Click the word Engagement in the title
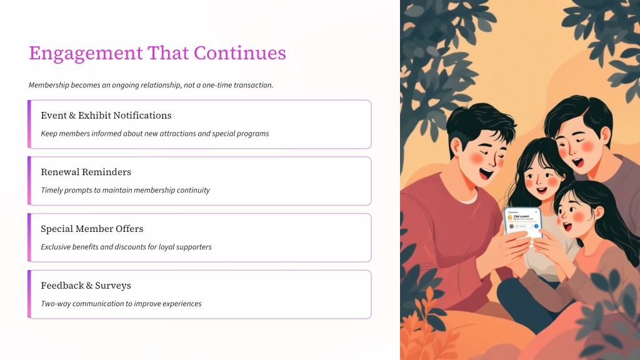click(x=86, y=54)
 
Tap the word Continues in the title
click(x=239, y=52)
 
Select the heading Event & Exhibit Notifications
click(x=106, y=116)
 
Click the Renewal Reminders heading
click(x=86, y=172)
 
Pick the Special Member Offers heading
click(x=92, y=229)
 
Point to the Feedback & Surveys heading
click(x=86, y=286)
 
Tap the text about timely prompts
click(x=125, y=190)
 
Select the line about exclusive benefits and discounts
click(x=126, y=247)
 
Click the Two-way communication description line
click(x=121, y=304)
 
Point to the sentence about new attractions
click(x=155, y=134)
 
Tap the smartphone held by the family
click(x=523, y=224)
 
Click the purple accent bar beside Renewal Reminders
click(x=29, y=181)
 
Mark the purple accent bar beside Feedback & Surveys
click(x=29, y=294)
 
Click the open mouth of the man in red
click(x=486, y=174)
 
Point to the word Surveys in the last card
click(x=113, y=286)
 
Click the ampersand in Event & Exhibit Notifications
click(x=72, y=116)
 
